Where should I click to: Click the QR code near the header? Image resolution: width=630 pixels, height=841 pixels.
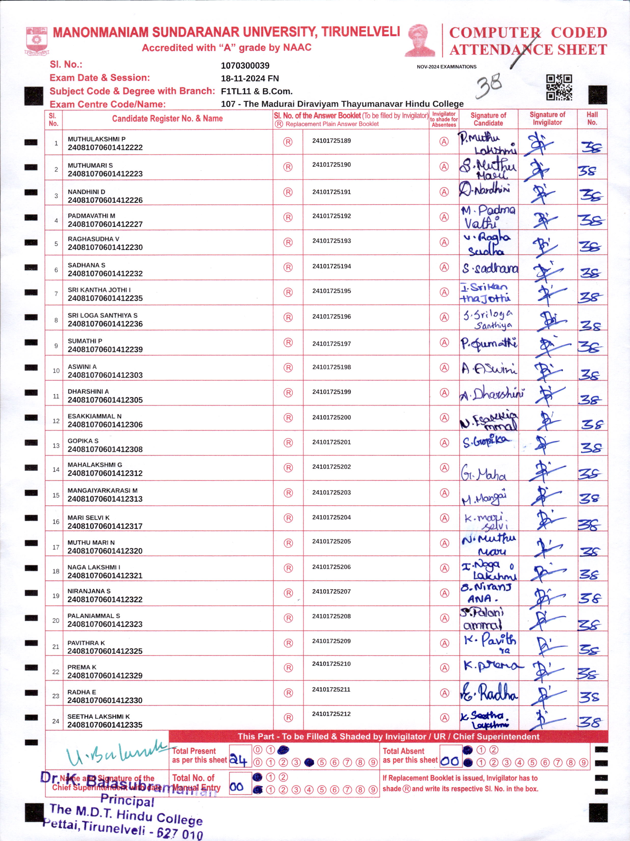click(559, 87)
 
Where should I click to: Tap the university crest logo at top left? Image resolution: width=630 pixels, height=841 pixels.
click(36, 40)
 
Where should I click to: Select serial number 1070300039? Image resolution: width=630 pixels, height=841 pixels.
click(245, 65)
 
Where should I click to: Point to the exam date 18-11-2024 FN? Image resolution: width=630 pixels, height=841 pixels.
click(250, 78)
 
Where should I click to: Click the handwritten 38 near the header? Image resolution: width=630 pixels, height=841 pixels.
click(489, 86)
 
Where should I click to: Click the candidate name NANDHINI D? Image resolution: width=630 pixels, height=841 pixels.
click(86, 192)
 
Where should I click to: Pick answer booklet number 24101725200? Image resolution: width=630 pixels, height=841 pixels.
click(332, 417)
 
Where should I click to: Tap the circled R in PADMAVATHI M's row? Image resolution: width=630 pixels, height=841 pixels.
click(288, 217)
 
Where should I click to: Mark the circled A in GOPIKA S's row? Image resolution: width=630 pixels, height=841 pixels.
click(444, 443)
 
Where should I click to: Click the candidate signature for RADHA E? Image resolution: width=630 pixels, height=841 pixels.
click(489, 693)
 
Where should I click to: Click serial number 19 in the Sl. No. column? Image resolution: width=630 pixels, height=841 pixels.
click(56, 596)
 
